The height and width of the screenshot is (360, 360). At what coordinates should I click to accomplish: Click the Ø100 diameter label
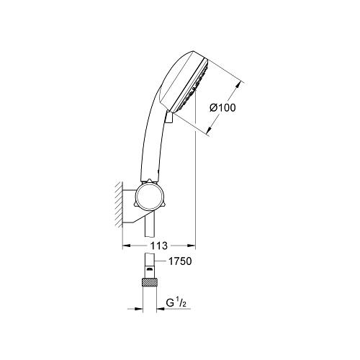(222, 108)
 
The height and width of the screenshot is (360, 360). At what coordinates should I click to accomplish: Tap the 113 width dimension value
(158, 246)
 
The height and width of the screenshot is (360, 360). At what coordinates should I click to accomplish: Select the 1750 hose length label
(180, 261)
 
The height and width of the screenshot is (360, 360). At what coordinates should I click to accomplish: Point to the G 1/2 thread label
(176, 303)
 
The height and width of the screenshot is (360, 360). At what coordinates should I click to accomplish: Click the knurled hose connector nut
(150, 282)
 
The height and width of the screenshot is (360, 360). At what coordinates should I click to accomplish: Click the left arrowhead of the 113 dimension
(126, 246)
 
